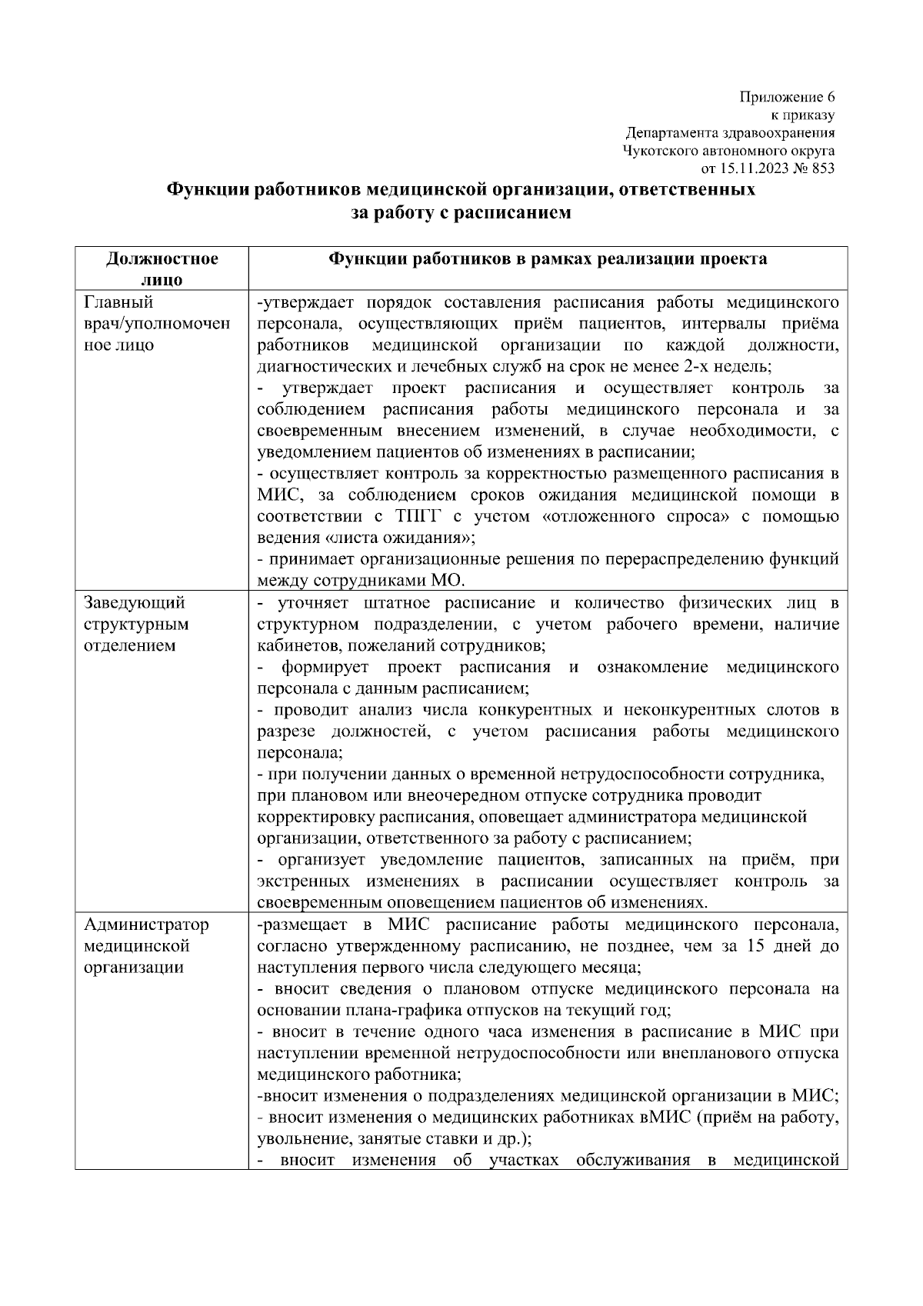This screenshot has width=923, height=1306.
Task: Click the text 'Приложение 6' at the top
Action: [x=787, y=97]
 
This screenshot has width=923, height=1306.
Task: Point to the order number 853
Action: [x=822, y=168]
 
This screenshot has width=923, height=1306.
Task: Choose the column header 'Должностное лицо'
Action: [x=162, y=268]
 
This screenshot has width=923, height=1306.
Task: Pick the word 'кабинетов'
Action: [x=291, y=645]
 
